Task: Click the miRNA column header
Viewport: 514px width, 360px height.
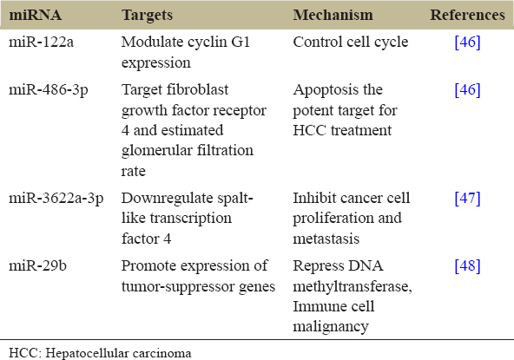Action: pos(35,15)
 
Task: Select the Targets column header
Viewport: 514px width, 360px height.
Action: pos(148,16)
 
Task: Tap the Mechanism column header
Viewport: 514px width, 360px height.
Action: pos(333,15)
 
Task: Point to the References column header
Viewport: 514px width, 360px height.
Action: pos(467,15)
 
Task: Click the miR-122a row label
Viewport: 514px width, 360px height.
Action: pos(42,42)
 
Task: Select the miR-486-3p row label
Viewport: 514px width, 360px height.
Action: pos(49,90)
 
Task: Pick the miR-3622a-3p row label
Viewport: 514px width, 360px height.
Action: pos(56,199)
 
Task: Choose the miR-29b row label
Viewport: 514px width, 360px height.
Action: pos(37,265)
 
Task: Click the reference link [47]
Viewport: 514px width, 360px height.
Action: pos(467,199)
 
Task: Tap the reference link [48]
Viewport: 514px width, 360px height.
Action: pos(467,265)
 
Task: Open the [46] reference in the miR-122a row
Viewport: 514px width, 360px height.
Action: pos(467,42)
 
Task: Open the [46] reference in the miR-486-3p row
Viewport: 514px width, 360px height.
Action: pos(467,90)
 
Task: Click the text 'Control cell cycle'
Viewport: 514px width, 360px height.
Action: pos(351,43)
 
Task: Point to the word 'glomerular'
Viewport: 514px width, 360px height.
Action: pos(156,151)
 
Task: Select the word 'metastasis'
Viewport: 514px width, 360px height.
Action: pos(326,239)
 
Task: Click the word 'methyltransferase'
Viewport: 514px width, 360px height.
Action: pos(351,287)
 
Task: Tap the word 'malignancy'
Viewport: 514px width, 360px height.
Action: pos(331,327)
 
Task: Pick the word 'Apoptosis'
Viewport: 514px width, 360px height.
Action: pos(324,90)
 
